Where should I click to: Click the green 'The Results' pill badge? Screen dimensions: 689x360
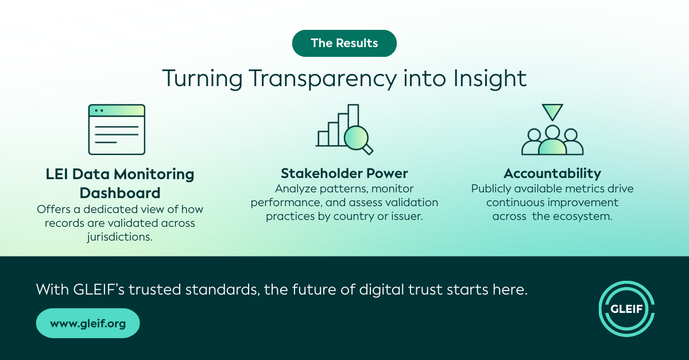coord(344,44)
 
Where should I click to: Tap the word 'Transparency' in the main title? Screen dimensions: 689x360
coord(322,79)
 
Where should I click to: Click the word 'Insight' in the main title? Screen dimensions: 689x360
coord(490,79)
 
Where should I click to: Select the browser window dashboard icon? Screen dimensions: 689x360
coord(117,129)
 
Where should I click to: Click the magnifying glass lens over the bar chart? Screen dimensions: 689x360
coord(356,138)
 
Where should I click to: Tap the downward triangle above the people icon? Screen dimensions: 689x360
coord(552,112)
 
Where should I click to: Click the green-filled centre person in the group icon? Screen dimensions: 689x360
coord(552,142)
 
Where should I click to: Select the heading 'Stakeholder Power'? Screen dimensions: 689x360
coord(344,173)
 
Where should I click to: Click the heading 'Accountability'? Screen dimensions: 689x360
coord(552,174)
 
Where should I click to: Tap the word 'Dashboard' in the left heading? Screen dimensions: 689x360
coord(120,193)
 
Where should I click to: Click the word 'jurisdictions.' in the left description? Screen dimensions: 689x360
coord(119,237)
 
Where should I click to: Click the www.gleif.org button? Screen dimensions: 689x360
coord(88,323)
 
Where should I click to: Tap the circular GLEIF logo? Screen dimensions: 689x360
coord(626,309)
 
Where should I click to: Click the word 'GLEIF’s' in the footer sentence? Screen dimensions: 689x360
coord(99,289)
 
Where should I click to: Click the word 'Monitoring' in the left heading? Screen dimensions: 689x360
coord(154,175)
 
